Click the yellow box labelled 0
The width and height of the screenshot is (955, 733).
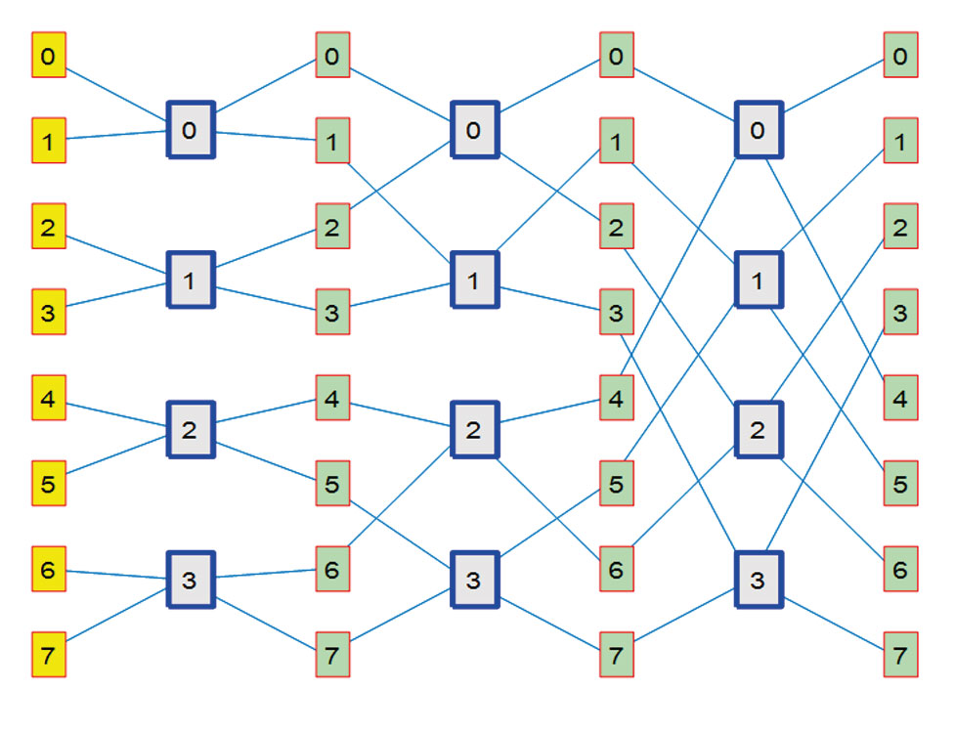(49, 56)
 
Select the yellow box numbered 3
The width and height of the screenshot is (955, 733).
(49, 312)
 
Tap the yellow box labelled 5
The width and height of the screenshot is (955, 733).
(49, 483)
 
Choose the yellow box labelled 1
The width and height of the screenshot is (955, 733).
(49, 142)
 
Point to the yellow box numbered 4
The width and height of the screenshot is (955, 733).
(49, 398)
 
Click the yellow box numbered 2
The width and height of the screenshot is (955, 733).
(49, 227)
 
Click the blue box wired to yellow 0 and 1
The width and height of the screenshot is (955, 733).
(190, 128)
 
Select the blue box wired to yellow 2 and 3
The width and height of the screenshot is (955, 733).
(190, 280)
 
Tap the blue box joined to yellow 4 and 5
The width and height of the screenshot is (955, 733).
(190, 429)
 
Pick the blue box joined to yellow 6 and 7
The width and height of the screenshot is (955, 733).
(190, 580)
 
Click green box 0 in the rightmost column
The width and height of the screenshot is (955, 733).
(900, 56)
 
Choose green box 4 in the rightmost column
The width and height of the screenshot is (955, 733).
(900, 398)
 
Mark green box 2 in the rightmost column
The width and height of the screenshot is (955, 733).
(900, 227)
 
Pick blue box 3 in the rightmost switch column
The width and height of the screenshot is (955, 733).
(759, 580)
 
